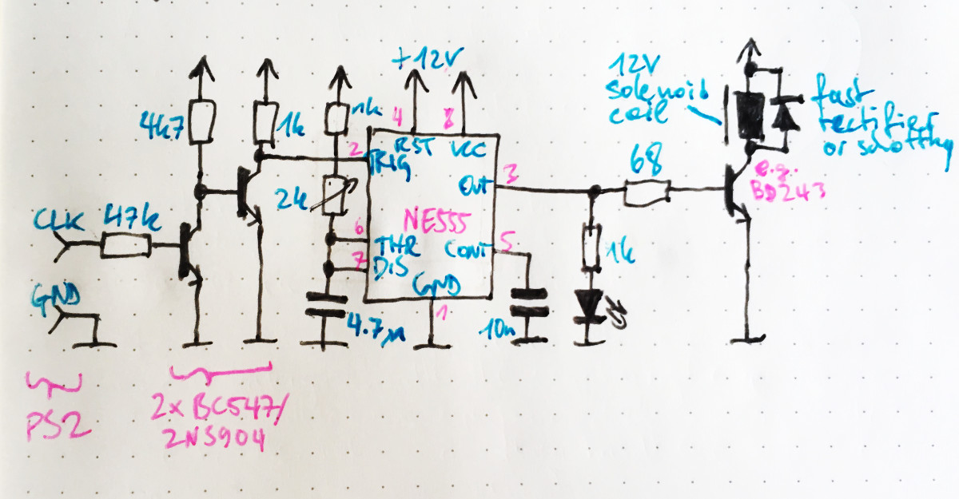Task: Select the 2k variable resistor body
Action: tap(334, 196)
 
